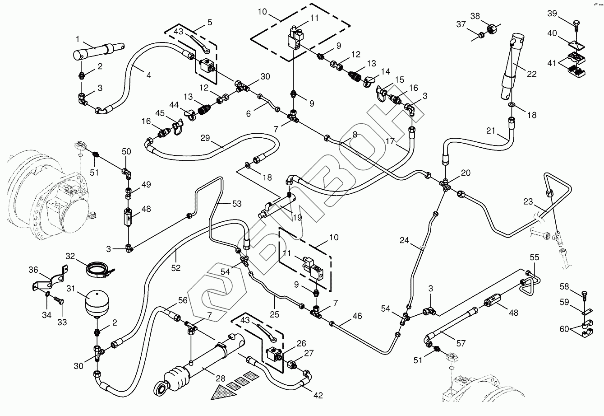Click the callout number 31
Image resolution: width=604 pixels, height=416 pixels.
(x=71, y=289)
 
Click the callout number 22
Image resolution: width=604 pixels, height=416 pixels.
(x=531, y=74)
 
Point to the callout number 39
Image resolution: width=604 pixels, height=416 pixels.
(x=552, y=13)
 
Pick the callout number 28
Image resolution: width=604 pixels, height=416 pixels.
(x=220, y=379)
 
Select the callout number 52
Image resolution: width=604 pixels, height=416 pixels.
(x=175, y=268)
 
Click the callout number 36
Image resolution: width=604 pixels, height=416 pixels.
(x=33, y=269)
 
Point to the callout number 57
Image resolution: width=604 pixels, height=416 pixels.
(x=461, y=343)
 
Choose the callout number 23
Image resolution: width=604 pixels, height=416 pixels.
(x=528, y=201)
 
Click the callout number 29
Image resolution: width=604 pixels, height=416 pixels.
(x=205, y=138)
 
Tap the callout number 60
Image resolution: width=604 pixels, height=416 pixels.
(x=564, y=329)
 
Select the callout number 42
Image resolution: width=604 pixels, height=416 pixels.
(x=318, y=395)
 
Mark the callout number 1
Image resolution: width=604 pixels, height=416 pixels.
(x=78, y=39)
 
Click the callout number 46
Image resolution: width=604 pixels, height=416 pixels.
(x=357, y=316)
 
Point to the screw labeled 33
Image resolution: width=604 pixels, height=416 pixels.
(x=59, y=299)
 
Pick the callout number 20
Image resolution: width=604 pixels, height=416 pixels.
(x=466, y=173)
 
